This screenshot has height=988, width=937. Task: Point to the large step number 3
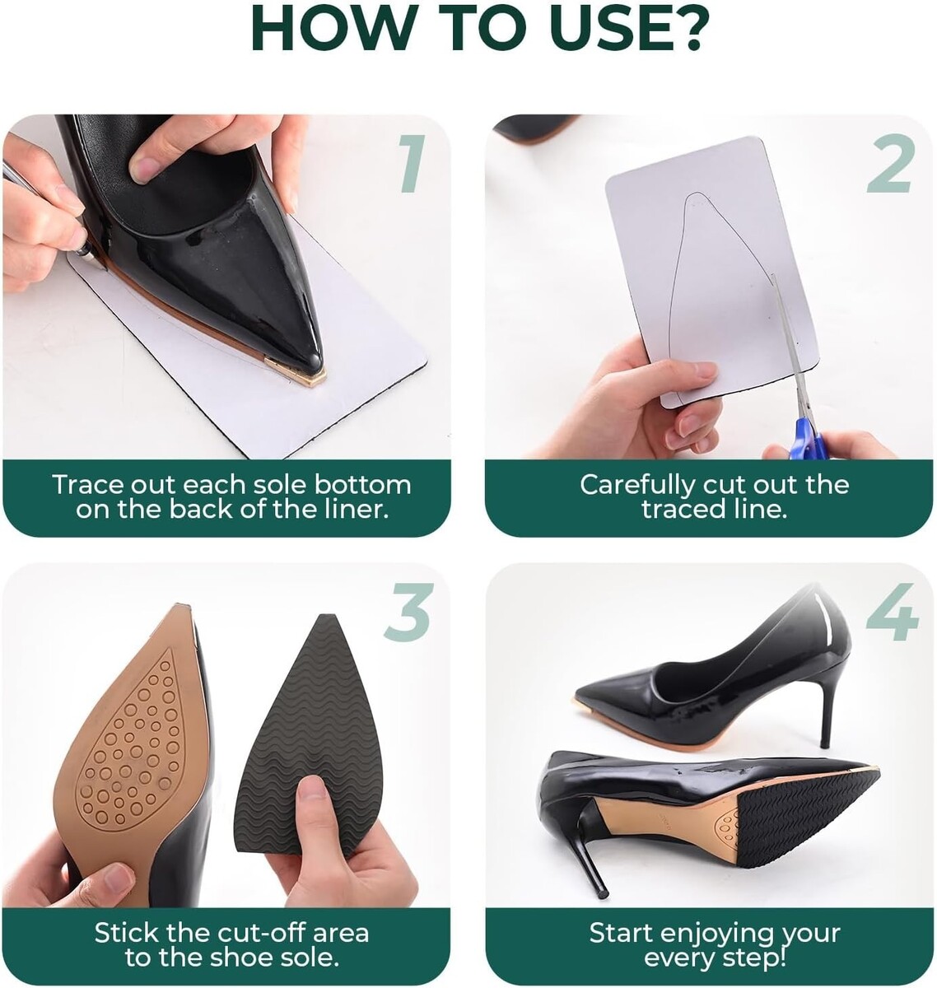coord(408,612)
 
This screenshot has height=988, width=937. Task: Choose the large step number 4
coord(893,612)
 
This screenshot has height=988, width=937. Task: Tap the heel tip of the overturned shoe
coord(601,893)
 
